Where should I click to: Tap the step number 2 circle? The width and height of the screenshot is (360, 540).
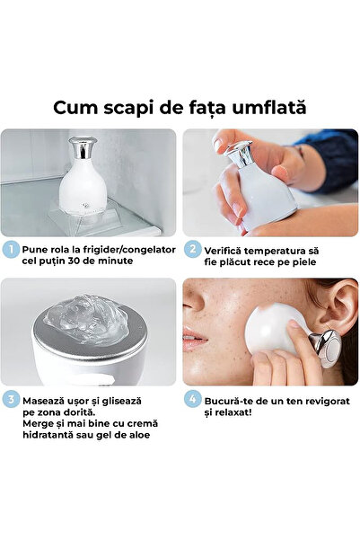(192, 249)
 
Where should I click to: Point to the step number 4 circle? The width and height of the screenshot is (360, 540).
(192, 398)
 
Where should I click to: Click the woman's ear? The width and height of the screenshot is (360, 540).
(340, 315)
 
